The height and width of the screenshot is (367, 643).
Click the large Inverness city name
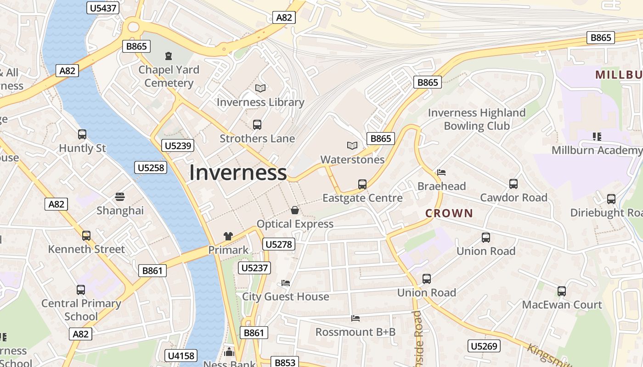[x=238, y=172]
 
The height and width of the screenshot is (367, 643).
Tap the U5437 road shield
[x=103, y=8]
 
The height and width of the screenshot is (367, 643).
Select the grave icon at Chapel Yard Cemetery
[x=169, y=56]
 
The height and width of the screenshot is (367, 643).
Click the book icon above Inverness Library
[x=260, y=88]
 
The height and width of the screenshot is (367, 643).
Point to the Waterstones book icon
[x=352, y=145]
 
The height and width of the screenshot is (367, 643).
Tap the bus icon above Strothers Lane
[x=257, y=124]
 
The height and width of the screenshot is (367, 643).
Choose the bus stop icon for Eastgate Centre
[x=362, y=184]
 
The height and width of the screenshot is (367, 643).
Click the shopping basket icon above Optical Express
[x=295, y=210]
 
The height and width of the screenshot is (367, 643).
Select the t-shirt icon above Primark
[x=228, y=236]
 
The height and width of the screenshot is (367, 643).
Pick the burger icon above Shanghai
[x=120, y=197]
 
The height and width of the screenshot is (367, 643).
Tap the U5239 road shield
[x=178, y=146]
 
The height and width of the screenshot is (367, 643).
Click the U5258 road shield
[x=151, y=168]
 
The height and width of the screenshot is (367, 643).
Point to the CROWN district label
[x=449, y=213]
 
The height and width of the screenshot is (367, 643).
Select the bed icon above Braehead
[x=441, y=172]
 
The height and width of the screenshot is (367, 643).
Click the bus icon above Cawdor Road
[x=513, y=184]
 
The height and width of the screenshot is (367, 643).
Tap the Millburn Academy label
[x=597, y=150]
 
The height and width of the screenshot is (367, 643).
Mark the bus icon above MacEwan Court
[x=562, y=291]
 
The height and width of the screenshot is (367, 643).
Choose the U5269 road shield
[x=484, y=346]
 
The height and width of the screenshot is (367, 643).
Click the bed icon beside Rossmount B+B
[x=355, y=318]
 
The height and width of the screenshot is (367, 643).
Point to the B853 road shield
[x=285, y=362]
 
